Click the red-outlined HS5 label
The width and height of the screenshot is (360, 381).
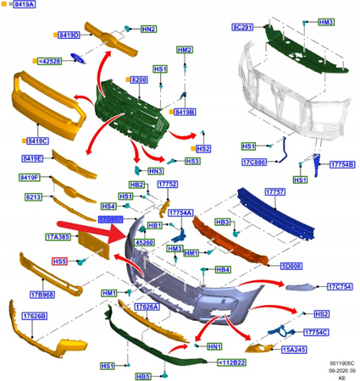tap(61, 262)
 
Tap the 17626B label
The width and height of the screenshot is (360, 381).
tap(34, 316)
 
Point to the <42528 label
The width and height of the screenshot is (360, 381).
tap(50, 61)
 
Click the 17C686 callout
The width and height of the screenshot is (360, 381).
tap(255, 162)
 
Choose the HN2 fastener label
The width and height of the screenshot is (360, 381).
tap(147, 29)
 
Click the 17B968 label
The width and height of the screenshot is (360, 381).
tap(43, 294)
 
